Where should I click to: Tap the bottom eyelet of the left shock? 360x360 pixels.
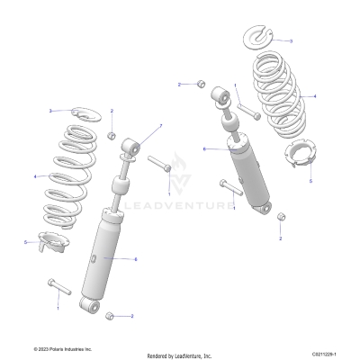pos(89,305)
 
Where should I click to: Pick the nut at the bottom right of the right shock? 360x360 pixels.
pos(281,217)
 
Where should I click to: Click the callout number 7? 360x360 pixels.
pos(160,125)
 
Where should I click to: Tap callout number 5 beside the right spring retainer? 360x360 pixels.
pos(311,180)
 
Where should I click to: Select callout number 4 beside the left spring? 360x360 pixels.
pos(34,176)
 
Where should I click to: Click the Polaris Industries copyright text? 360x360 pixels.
pos(63,348)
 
